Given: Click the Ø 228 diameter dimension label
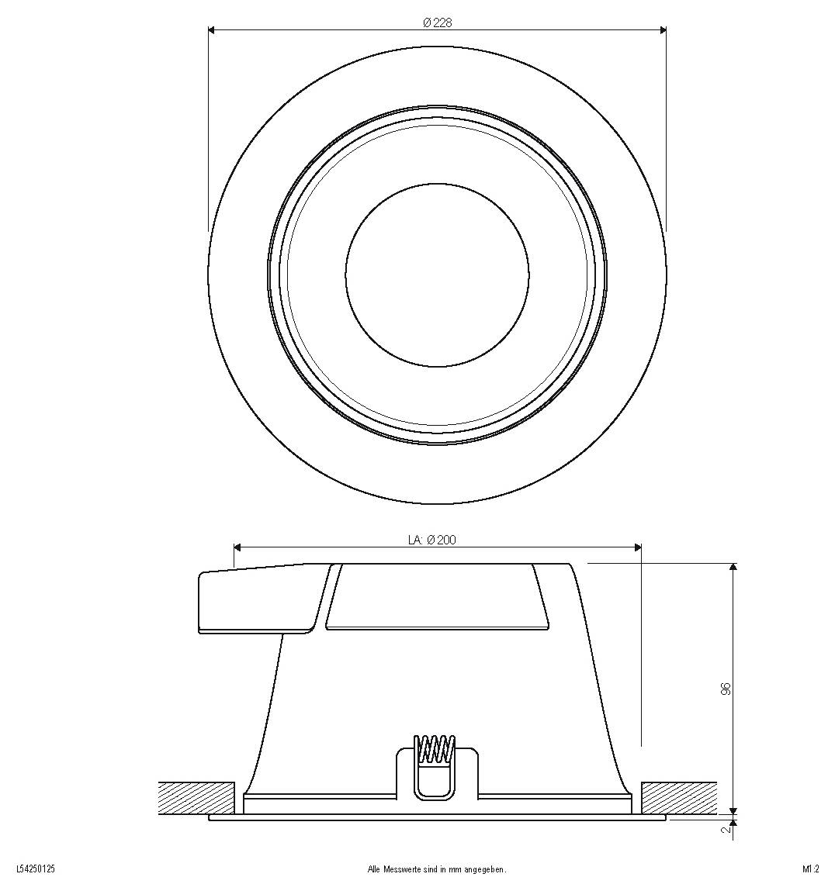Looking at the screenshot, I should [x=437, y=23].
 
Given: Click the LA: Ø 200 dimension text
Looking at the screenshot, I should [x=431, y=540].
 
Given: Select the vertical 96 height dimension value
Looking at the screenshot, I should [x=726, y=689].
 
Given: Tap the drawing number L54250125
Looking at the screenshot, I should [x=36, y=869].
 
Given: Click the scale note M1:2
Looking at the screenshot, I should [x=811, y=869].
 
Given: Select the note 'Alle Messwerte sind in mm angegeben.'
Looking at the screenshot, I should [x=436, y=869].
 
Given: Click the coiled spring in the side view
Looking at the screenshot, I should [x=435, y=749].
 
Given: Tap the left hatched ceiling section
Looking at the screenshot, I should [x=196, y=798].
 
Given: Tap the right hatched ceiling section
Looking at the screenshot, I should [x=679, y=798].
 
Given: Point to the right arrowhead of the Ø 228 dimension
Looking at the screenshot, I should [x=662, y=31].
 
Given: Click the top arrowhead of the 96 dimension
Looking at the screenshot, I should [x=733, y=568].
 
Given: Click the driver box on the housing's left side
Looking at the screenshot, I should [x=256, y=601].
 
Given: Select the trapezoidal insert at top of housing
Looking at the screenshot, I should [x=437, y=597].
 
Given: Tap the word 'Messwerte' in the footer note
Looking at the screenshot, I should [x=396, y=869].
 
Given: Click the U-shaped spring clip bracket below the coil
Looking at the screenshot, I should [x=435, y=783].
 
